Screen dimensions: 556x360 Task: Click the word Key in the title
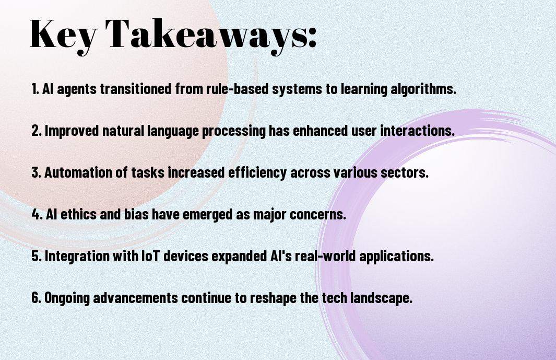click(63, 35)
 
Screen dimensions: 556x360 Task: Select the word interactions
click(417, 131)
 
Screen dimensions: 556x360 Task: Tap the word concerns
click(318, 215)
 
